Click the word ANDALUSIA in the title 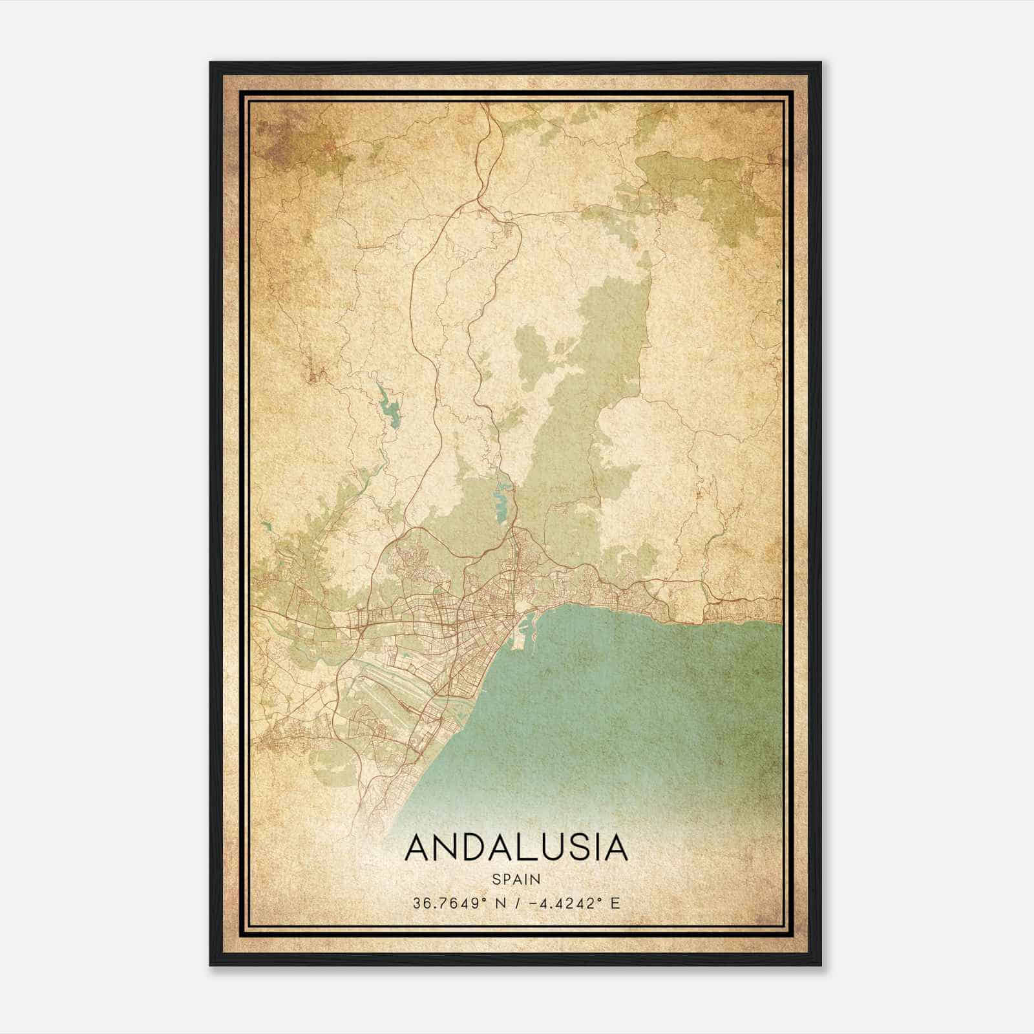click(516, 848)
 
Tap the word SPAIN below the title click(516, 879)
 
